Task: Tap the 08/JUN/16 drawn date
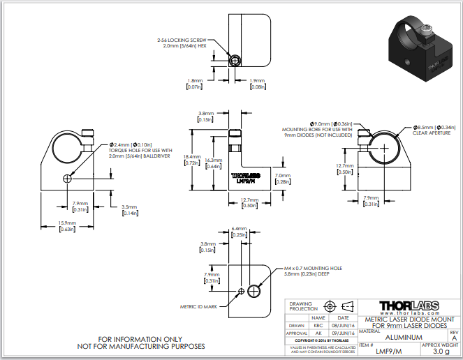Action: tap(344, 324)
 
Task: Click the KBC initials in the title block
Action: tap(318, 324)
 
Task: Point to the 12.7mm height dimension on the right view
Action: tap(344, 168)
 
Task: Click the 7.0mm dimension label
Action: tap(282, 179)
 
